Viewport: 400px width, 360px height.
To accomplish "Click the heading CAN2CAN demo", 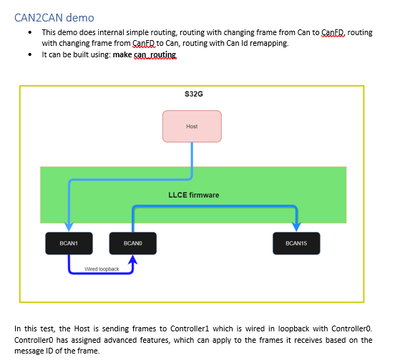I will [55, 19].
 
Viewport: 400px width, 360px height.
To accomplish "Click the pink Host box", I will [191, 127].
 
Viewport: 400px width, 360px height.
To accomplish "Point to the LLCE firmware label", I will [193, 194].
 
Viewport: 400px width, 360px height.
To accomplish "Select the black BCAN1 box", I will [68, 242].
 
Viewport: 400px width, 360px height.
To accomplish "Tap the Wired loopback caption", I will [101, 268].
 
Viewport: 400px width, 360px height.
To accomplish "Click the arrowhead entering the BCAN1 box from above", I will [68, 228].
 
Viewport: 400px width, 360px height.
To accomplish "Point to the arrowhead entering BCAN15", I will [295, 228].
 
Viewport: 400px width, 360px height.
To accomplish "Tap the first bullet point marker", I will [31, 33].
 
